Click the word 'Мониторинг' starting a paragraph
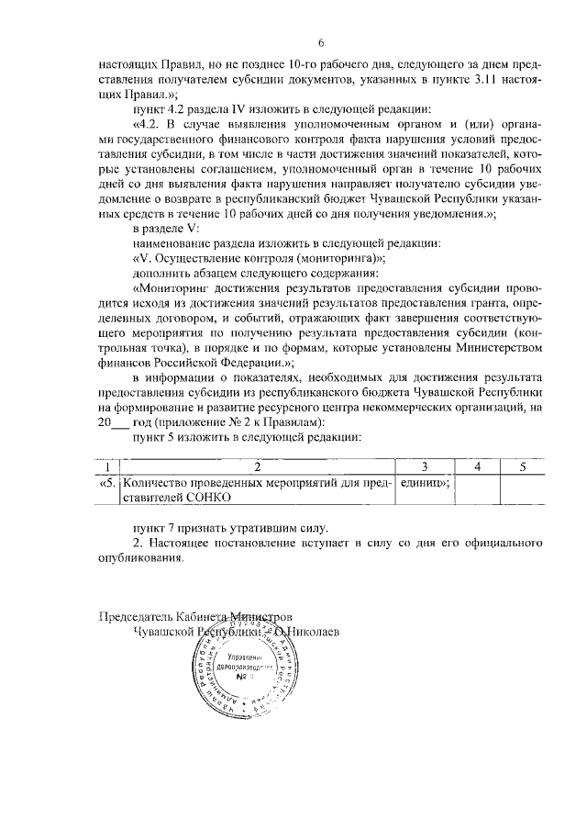point(172,287)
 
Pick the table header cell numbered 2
point(257,466)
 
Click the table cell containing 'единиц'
point(420,482)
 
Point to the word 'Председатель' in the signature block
point(135,616)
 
